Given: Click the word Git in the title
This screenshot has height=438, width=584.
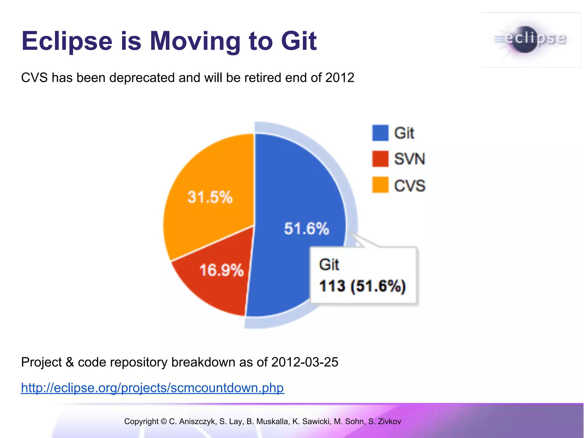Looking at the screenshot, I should click(299, 41).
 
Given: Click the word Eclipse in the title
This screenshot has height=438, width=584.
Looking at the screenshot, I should click(67, 41).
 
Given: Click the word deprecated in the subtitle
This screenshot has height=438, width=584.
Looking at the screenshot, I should click(142, 78).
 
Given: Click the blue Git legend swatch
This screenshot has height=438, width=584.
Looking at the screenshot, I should click(380, 133).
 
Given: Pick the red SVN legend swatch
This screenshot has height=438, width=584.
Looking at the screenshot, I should click(380, 159).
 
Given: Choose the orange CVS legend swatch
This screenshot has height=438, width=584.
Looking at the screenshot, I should click(380, 185).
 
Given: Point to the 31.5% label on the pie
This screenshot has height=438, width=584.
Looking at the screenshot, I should click(210, 197).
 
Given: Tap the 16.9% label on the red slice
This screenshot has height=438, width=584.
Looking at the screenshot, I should click(222, 270).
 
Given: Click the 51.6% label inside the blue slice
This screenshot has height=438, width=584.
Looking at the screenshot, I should click(307, 228).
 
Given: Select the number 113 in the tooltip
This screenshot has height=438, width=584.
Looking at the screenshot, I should click(332, 286).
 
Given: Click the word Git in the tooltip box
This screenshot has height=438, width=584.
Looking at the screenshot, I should click(329, 265).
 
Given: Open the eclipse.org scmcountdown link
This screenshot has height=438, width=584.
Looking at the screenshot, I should click(153, 388).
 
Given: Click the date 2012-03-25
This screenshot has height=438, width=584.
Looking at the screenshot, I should click(305, 362).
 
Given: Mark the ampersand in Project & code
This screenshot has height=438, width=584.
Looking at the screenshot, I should click(70, 362).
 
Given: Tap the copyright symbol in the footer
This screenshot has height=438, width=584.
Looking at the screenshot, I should click(164, 421).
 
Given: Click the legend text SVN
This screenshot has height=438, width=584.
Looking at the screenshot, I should click(409, 159).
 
